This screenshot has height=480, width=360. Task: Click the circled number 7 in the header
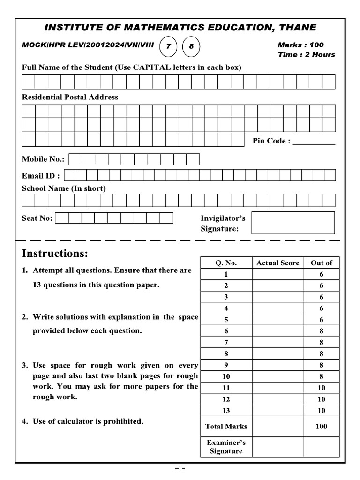pyautogui.click(x=169, y=46)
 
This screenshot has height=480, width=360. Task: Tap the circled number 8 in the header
pyautogui.click(x=191, y=46)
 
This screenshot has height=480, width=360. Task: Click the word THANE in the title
pyautogui.click(x=298, y=27)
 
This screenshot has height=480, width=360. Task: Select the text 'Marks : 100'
pyautogui.click(x=300, y=45)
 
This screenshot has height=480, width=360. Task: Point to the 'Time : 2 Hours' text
pyautogui.click(x=306, y=54)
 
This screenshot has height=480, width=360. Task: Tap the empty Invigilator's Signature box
pyautogui.click(x=293, y=223)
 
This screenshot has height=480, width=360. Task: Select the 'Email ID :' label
pyautogui.click(x=41, y=176)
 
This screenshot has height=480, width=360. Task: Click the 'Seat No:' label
pyautogui.click(x=37, y=218)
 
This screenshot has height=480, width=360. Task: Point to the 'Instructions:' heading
pyautogui.click(x=55, y=254)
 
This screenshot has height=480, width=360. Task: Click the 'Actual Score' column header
pyautogui.click(x=277, y=263)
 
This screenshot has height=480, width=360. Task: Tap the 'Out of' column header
pyautogui.click(x=321, y=263)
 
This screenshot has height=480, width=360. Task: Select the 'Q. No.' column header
pyautogui.click(x=226, y=263)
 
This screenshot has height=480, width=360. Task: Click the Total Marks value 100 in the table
pyautogui.click(x=321, y=426)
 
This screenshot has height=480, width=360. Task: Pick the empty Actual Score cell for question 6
pyautogui.click(x=277, y=331)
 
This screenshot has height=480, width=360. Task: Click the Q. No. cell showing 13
pyautogui.click(x=226, y=411)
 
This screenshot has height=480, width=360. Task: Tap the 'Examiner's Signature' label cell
pyautogui.click(x=226, y=447)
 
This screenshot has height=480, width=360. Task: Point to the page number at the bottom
pyautogui.click(x=180, y=468)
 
